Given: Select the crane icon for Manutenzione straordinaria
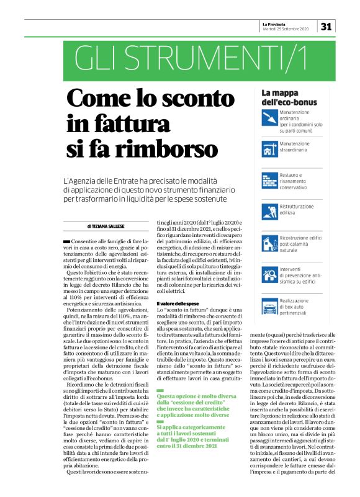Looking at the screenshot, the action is [x=269, y=147].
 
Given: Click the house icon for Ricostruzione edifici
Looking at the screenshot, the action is [x=269, y=240].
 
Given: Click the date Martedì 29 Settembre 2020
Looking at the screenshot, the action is [x=286, y=29].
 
